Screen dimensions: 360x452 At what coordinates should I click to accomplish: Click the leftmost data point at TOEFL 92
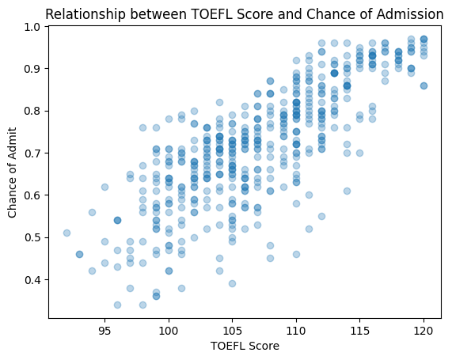(66, 233)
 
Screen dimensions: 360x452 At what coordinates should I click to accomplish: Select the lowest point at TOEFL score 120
(424, 85)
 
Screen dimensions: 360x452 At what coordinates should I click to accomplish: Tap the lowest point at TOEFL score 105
(232, 283)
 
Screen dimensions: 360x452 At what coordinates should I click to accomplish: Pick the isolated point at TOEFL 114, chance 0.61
(347, 191)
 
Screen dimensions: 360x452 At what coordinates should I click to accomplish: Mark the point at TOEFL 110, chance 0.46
(296, 254)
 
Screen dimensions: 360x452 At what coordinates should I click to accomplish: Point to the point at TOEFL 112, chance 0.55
(321, 216)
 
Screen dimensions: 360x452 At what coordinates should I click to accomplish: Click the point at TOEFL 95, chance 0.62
(104, 187)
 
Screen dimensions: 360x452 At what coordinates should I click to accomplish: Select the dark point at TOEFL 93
(79, 254)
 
